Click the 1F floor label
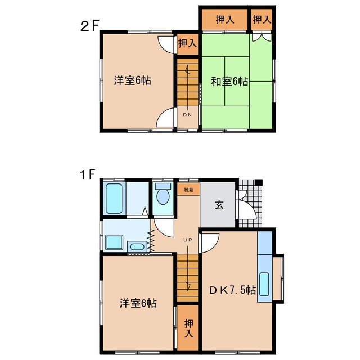pos(87,175)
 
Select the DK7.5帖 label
pos(233,291)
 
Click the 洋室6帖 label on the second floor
pos(133,80)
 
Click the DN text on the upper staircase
pos(187,114)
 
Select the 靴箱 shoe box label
pos(188,190)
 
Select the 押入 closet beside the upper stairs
pos(187,43)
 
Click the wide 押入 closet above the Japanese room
pos(225,20)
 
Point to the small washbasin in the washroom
pos(136,246)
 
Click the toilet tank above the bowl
pos(163,186)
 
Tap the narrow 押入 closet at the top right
pos(262,20)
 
